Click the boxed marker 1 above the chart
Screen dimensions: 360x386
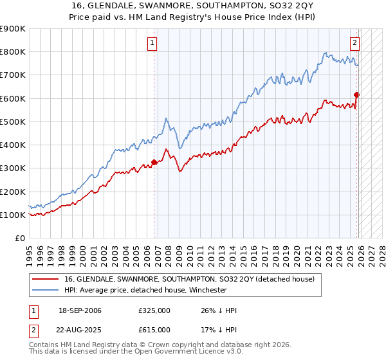click(x=152, y=43)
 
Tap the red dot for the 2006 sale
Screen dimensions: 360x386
click(x=154, y=162)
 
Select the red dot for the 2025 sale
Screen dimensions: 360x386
click(x=357, y=94)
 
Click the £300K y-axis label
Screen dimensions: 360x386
click(x=12, y=168)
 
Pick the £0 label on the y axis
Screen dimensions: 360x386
click(x=20, y=239)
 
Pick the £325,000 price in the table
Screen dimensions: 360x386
click(x=154, y=310)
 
